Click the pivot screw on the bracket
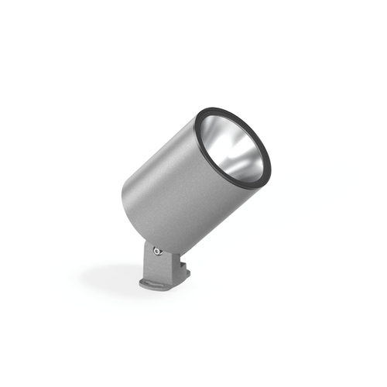point(157,250)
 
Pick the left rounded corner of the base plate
point(142,284)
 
